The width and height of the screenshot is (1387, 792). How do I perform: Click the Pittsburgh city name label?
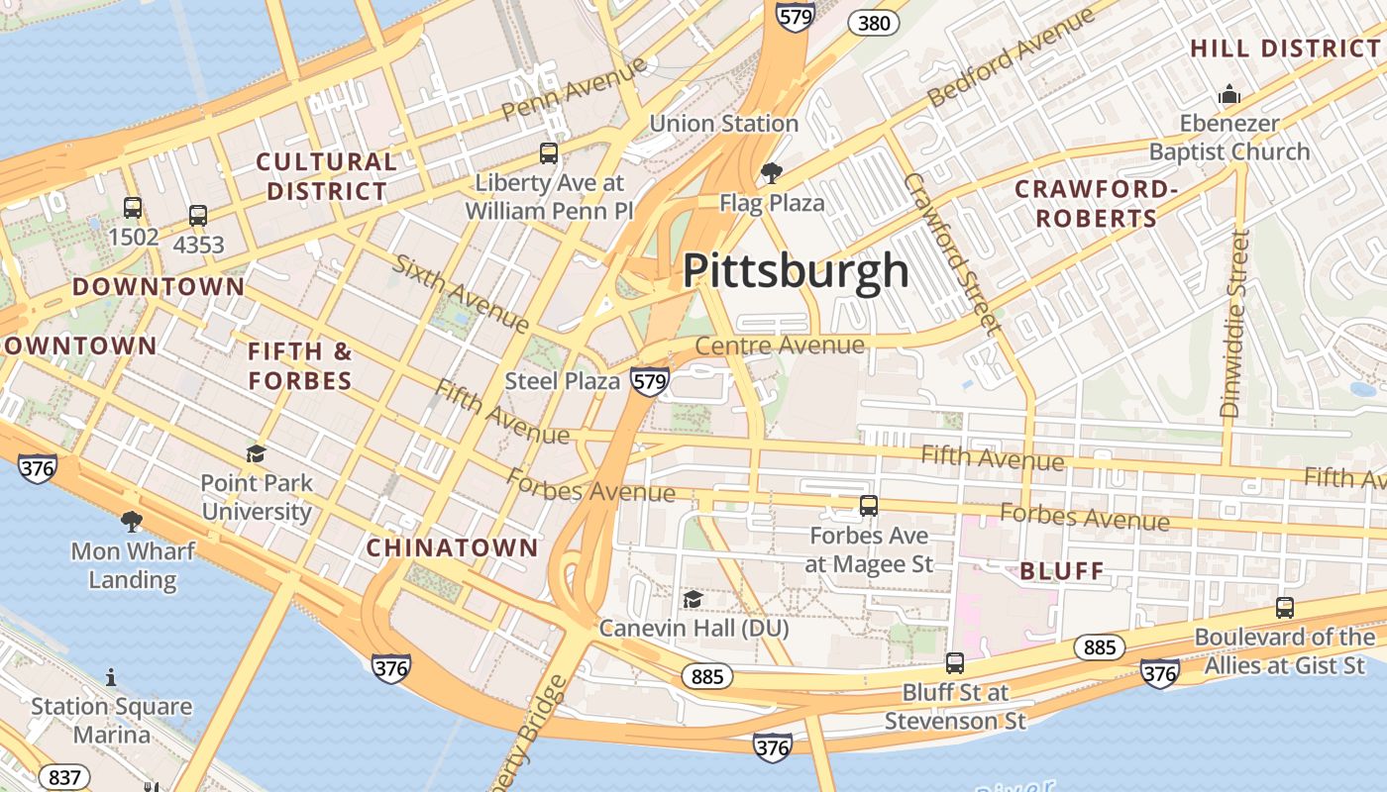click(796, 270)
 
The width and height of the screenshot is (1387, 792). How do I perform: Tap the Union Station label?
click(723, 124)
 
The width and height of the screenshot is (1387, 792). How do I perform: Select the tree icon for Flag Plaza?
click(771, 174)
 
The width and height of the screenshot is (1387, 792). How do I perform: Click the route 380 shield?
click(874, 22)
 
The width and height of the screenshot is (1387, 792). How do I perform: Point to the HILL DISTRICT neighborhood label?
click(1285, 49)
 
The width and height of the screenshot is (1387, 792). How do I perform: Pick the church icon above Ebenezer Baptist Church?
click(1229, 95)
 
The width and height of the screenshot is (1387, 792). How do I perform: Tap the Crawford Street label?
click(949, 251)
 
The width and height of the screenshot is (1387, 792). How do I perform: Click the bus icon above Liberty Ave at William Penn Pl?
click(548, 153)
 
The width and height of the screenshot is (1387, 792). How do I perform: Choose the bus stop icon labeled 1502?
click(133, 208)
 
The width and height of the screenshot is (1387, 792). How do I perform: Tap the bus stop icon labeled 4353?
click(198, 216)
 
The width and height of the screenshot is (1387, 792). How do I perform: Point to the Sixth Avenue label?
click(461, 292)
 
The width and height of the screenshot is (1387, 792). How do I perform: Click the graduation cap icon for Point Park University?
click(256, 453)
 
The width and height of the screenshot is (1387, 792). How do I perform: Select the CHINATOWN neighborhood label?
click(452, 547)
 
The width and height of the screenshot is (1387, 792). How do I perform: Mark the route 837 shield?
click(64, 777)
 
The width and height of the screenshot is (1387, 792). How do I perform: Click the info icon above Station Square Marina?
click(111, 677)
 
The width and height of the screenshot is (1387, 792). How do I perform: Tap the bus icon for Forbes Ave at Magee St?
click(869, 506)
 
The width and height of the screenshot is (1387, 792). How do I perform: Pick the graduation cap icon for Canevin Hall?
click(693, 599)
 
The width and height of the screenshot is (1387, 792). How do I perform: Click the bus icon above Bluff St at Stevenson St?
click(954, 663)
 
